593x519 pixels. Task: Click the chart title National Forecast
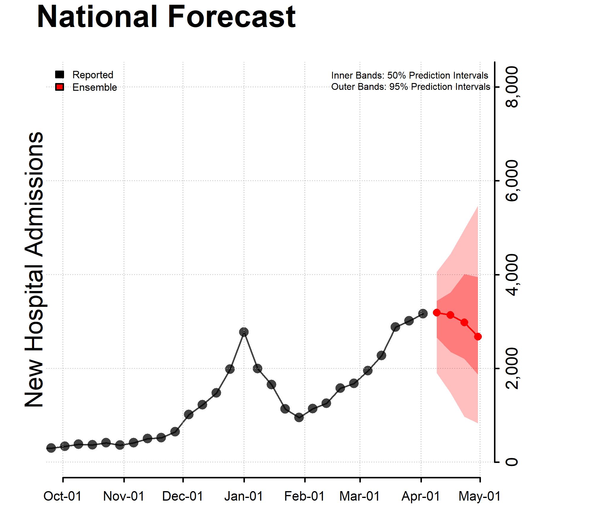tap(166, 17)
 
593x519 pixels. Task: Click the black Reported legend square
tap(60, 74)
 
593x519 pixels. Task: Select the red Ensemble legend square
tap(60, 87)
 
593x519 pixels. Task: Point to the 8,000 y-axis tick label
tap(512, 87)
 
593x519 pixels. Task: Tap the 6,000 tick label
tap(512, 181)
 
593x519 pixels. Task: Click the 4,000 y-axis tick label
tap(512, 275)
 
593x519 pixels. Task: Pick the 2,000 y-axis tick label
tap(512, 368)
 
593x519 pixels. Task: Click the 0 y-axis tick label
tap(512, 462)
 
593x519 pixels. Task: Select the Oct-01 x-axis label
tap(63, 496)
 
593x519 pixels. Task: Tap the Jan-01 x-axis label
tap(244, 496)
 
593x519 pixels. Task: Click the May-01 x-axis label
tap(479, 496)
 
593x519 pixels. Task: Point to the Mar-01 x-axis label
tap(360, 496)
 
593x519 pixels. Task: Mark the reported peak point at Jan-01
tap(244, 332)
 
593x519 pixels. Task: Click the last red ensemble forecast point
tap(478, 337)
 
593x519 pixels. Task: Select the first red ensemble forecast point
tap(437, 312)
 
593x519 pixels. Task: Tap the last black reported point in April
tap(423, 313)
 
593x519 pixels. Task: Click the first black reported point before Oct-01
tap(51, 448)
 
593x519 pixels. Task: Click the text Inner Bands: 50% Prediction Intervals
tap(409, 75)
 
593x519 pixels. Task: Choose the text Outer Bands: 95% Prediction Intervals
tap(410, 87)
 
